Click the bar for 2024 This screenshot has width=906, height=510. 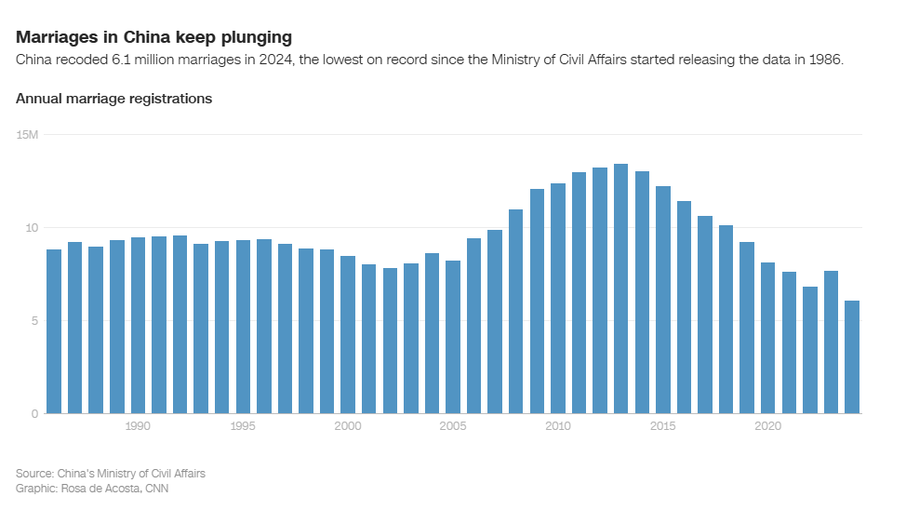852,357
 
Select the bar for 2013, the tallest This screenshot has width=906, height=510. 620,289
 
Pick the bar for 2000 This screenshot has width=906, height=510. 348,335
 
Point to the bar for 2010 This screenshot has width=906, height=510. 558,298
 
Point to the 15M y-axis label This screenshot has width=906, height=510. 27,135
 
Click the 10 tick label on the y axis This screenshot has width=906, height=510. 32,228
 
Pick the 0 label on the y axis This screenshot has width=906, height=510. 34,414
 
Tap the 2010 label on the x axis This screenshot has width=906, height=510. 558,426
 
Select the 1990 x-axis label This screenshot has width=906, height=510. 138,426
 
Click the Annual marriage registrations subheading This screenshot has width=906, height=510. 114,99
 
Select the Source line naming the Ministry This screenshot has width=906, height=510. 111,474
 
